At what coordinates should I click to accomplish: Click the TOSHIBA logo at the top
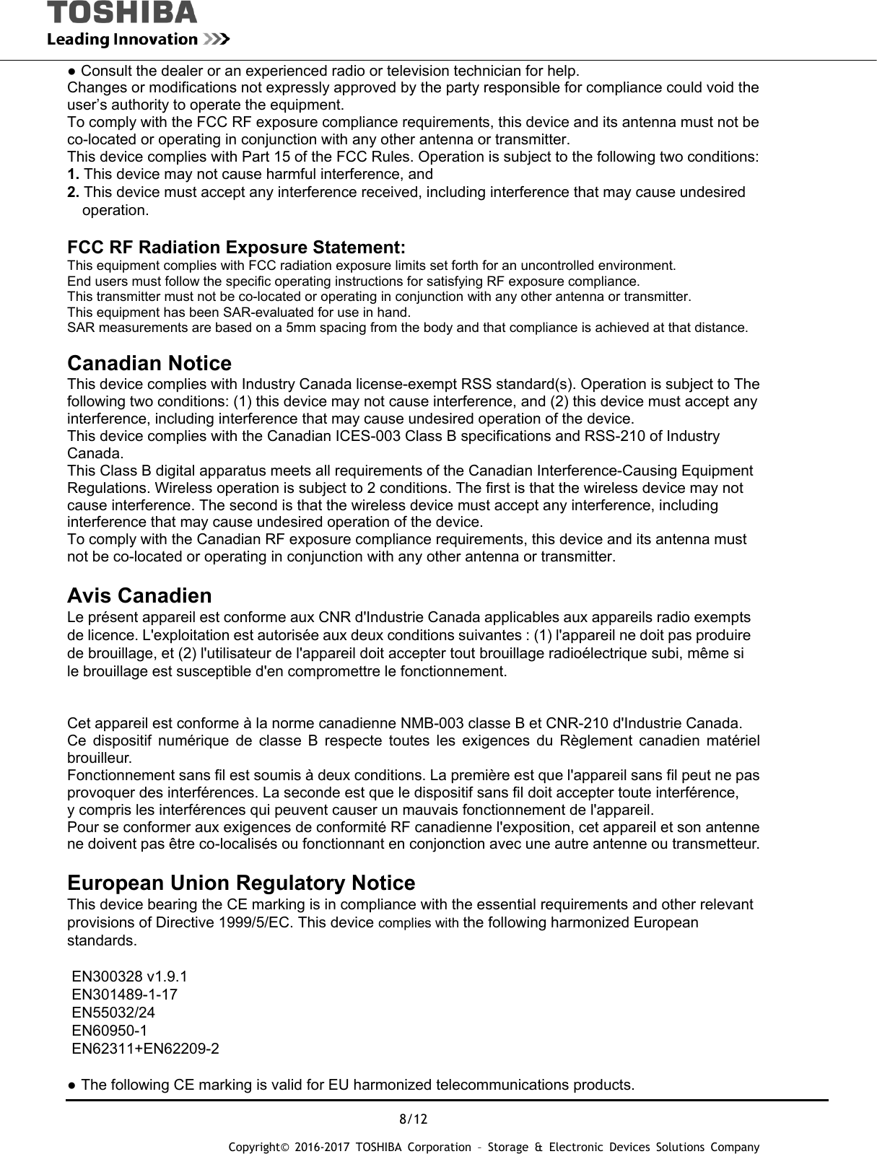tap(122, 12)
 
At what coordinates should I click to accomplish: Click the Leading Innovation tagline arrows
tap(216, 39)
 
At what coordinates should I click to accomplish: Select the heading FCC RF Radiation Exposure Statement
tap(236, 248)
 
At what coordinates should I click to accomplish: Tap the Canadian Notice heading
tap(149, 363)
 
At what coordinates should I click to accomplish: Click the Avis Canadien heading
tap(139, 596)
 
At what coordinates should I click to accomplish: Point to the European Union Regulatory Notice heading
tap(241, 883)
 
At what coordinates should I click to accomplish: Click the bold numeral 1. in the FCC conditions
tap(73, 175)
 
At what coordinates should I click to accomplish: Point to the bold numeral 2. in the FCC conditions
tap(73, 192)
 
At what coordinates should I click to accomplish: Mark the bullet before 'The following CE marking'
tap(72, 1085)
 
